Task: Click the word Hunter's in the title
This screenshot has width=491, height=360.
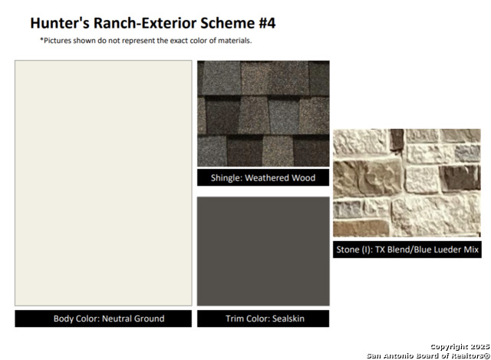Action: tap(60, 23)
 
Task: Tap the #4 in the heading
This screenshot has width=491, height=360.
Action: tap(267, 23)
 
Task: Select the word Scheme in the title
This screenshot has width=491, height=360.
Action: tap(228, 23)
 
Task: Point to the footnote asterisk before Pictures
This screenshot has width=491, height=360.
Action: tap(41, 40)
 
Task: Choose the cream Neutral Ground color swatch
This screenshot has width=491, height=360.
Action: tap(104, 183)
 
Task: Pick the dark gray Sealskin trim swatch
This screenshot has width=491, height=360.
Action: tap(263, 251)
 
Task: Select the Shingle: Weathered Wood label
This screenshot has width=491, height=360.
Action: tap(263, 177)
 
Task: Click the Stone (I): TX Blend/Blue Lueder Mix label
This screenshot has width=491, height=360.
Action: tap(407, 249)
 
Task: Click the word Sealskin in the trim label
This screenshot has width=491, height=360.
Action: tap(288, 319)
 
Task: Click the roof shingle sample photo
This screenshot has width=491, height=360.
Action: tap(263, 114)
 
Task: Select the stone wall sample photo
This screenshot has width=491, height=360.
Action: tap(407, 183)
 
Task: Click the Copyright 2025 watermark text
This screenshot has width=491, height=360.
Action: tap(460, 346)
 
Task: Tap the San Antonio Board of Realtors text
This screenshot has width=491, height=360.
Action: tap(428, 355)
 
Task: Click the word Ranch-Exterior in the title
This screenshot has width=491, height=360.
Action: tap(145, 23)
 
